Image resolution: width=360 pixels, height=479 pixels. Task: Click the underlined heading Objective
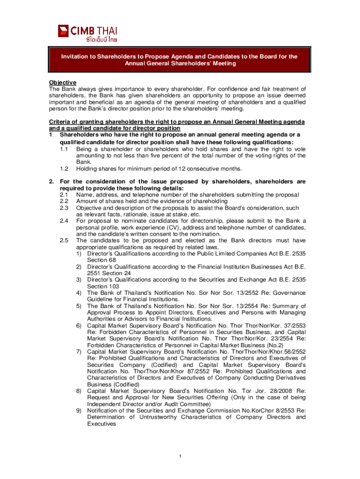(63, 82)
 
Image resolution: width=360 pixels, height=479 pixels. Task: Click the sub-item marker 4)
(79, 293)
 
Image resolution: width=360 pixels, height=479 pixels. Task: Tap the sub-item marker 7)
(79, 352)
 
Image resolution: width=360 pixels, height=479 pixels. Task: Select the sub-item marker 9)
(79, 411)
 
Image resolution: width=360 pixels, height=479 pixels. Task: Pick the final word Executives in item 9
(101, 424)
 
